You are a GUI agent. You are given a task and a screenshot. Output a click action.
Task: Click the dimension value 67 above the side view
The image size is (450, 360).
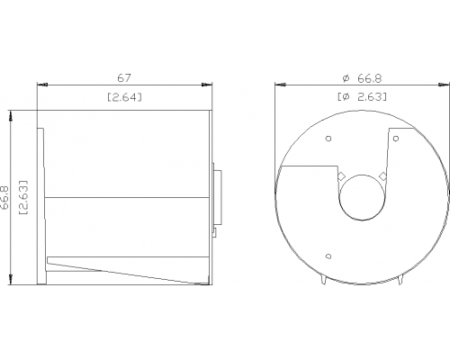[x=124, y=78]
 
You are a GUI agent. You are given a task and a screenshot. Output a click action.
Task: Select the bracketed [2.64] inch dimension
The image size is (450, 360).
[x=124, y=97]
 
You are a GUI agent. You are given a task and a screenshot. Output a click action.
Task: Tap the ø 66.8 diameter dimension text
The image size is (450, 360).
[x=362, y=78]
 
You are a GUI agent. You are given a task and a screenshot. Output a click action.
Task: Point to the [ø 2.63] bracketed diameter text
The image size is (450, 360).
[x=362, y=97]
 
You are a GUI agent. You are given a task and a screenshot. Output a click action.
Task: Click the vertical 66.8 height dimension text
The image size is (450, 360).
[x=5, y=197]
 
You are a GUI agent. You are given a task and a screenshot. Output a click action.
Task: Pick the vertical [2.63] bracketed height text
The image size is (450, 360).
[x=23, y=197]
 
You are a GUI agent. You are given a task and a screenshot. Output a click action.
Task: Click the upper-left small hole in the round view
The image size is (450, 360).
[x=328, y=139]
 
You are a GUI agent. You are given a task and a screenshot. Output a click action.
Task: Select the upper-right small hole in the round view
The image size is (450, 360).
[x=396, y=139]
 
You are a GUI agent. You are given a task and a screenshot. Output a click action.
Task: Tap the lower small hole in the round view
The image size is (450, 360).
[x=328, y=256]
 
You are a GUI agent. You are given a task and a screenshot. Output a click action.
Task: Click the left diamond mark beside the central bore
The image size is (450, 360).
[x=341, y=176]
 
